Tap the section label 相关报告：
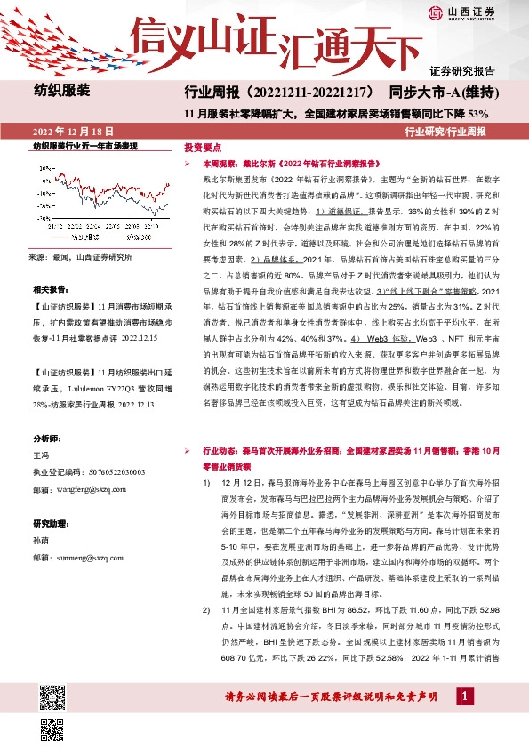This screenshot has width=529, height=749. [x=51, y=290]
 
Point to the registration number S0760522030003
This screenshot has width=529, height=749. [x=101, y=472]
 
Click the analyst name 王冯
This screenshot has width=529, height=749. [x=42, y=455]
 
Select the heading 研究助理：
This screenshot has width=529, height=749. [x=51, y=523]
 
